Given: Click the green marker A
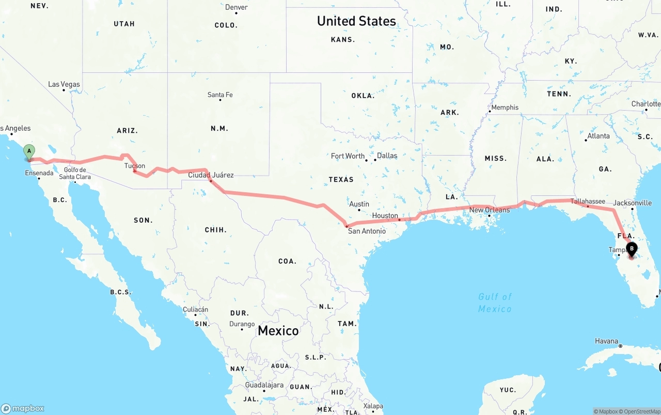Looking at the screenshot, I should point(29,151).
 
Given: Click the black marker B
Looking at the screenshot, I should point(632,249).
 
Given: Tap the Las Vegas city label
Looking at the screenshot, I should point(64,84).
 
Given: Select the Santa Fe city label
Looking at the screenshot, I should point(220,95).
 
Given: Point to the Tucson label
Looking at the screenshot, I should point(135,166).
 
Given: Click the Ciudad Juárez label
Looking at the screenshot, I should point(211,175).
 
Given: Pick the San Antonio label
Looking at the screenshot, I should point(367,231).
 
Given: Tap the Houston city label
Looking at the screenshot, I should point(385,216).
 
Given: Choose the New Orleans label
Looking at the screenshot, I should point(490,210).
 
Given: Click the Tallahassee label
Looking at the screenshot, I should point(588,201).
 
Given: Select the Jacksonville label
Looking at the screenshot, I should point(633,203).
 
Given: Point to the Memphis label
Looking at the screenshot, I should point(505,107).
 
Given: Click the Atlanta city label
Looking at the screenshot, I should point(598,136).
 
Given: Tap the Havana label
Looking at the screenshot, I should point(606,341).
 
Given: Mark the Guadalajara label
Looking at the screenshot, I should point(264,385).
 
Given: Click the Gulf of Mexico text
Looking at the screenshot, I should point(495,302).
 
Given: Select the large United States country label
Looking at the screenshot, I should point(356,21).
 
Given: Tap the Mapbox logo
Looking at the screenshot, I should point(23,408).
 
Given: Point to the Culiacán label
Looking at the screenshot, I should point(196,310).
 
